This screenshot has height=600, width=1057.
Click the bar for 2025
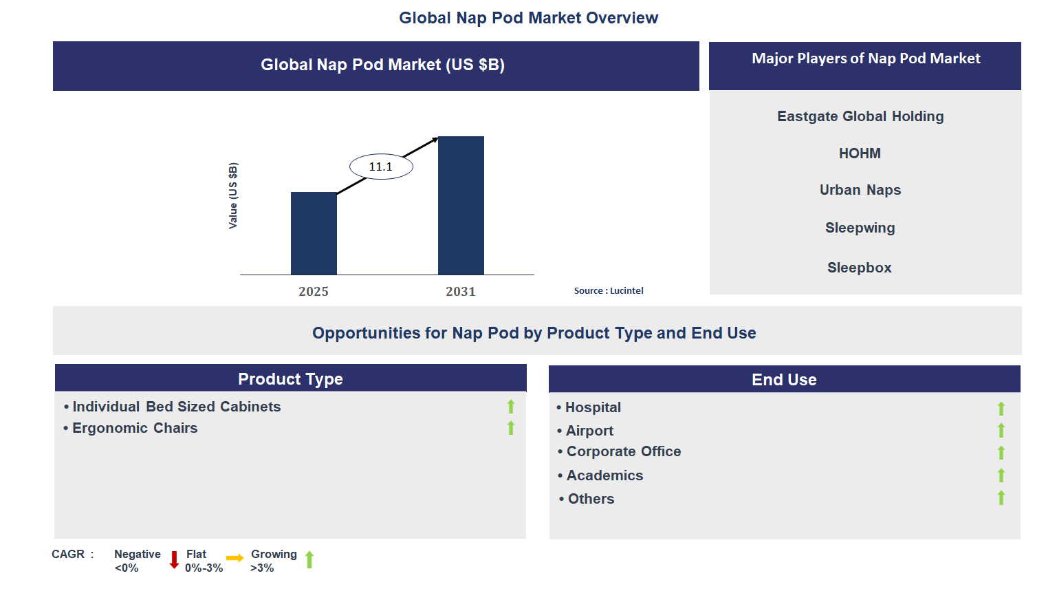314,233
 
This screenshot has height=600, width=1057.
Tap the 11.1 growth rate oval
381,167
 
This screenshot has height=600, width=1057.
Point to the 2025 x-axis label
314,292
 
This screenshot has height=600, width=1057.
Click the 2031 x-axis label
461,292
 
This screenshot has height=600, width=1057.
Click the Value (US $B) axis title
233,196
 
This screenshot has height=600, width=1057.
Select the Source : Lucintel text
609,291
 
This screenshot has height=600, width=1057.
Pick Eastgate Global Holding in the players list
860,116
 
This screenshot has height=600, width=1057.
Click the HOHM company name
860,153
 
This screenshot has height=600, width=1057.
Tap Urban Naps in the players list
860,190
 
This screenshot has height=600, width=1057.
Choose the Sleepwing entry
860,228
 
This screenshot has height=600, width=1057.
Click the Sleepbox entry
860,268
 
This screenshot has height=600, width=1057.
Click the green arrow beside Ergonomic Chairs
511,428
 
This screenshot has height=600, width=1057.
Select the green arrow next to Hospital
1001,408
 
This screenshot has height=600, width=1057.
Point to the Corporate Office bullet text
623,451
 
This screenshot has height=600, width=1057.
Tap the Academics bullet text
604,475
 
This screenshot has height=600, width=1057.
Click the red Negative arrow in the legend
174,559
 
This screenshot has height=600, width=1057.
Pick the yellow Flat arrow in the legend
235,558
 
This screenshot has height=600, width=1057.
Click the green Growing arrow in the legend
309,559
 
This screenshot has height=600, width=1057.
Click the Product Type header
290,379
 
